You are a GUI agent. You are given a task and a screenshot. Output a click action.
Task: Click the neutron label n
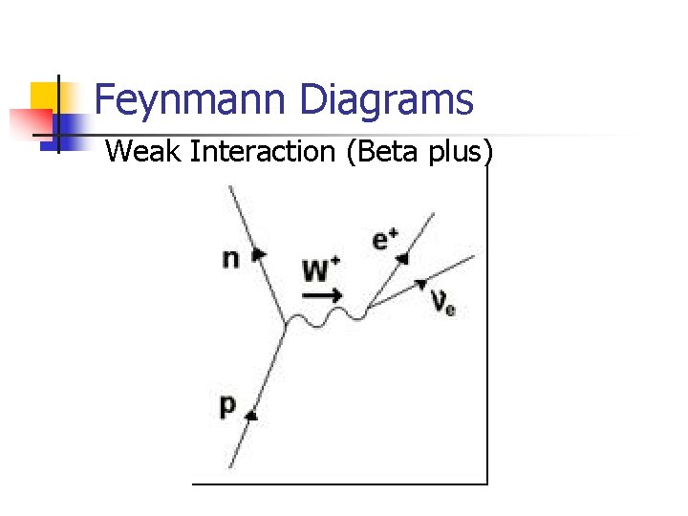coord(231,258)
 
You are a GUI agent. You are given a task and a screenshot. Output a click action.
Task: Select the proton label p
coord(227,406)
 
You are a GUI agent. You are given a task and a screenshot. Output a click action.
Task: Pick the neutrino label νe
coord(442,303)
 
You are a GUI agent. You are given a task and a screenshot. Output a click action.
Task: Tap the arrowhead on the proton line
coord(251,414)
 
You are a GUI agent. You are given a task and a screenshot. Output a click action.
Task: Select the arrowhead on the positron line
coord(404,257)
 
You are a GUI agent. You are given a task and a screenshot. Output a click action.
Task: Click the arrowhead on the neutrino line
coord(420,284)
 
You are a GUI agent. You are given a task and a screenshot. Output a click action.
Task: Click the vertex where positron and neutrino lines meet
coord(367,309)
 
